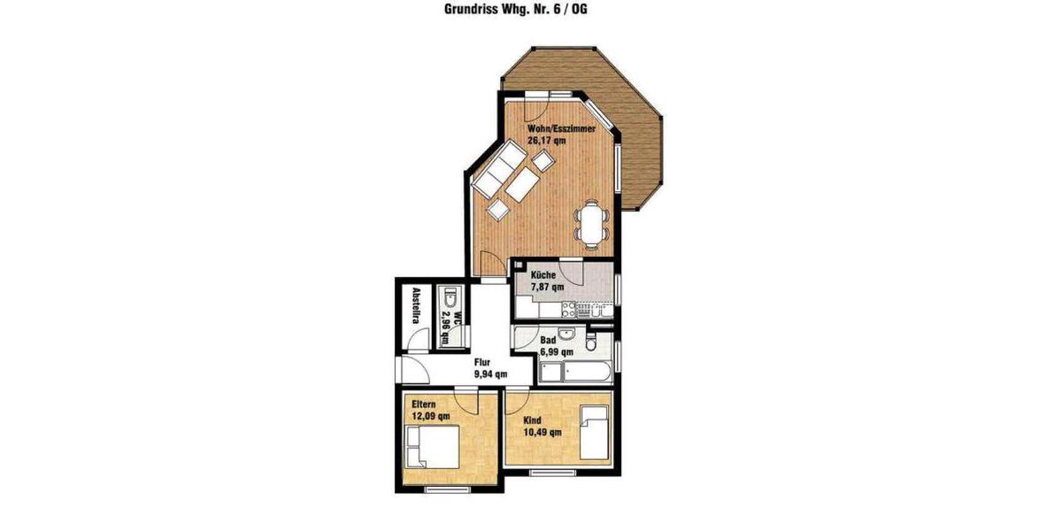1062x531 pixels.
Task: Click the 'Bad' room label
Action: coord(548,340)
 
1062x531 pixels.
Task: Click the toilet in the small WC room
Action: coord(450,296)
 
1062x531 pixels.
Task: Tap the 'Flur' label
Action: coord(482,362)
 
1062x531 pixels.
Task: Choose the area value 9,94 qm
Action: coord(490,373)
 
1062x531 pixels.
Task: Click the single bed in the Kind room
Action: coord(595,433)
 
